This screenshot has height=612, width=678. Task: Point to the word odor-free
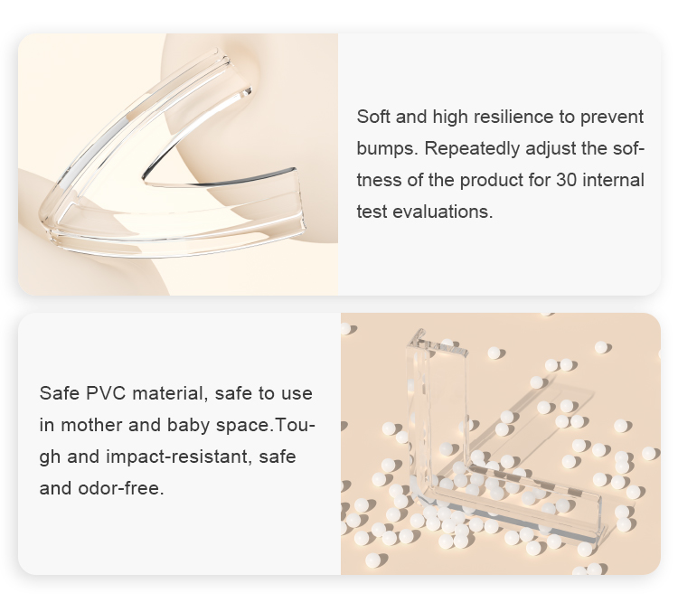[x=121, y=488]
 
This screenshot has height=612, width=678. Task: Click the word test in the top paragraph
[x=372, y=212]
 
